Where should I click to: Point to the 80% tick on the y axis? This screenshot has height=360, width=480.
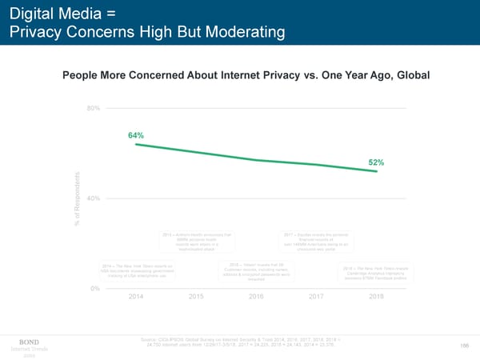93,109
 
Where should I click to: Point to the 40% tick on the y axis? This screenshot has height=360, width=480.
93,198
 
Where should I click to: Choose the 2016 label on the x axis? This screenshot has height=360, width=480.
256,297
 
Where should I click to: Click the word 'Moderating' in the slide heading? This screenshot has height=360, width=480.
241,33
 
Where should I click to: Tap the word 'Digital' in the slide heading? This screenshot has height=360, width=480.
33,13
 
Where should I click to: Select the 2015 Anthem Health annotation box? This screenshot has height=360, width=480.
196,242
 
